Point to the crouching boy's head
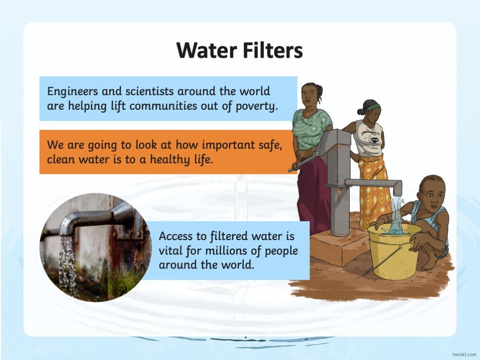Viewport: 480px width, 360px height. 432,193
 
